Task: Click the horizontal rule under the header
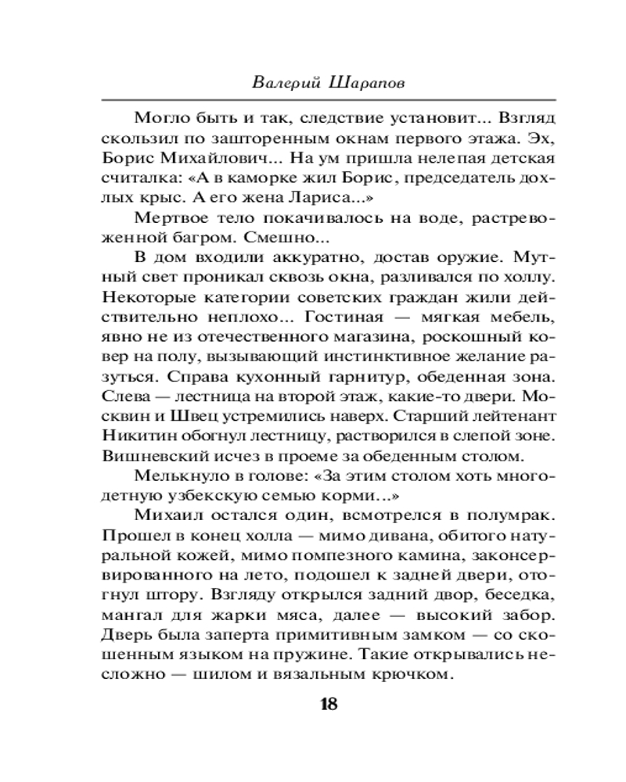(328, 99)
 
